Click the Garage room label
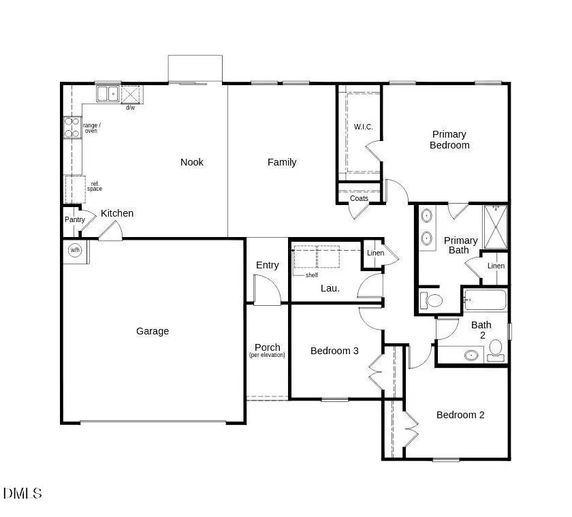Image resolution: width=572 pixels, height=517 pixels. [x=153, y=331]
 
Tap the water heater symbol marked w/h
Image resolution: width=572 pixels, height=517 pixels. [x=74, y=250]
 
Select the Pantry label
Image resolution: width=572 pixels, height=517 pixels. [x=75, y=219]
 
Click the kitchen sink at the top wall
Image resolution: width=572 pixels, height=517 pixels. [x=107, y=93]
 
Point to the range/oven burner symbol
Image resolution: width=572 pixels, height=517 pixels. [x=71, y=127]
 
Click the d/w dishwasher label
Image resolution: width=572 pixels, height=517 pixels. [x=130, y=107]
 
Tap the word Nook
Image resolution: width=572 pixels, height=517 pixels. [x=192, y=162]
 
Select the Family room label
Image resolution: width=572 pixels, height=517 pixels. [x=282, y=162]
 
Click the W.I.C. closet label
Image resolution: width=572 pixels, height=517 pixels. [x=364, y=127]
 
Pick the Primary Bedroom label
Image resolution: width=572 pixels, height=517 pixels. [x=449, y=140]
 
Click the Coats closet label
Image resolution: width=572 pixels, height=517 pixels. [x=359, y=199]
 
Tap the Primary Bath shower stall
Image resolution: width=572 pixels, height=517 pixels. [x=496, y=227]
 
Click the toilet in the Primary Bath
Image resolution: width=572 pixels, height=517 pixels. [x=432, y=300]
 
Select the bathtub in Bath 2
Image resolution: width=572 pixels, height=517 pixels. [x=485, y=300]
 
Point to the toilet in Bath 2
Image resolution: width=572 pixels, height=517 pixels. [x=496, y=349]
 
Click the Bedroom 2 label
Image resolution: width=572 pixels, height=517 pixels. [x=460, y=415]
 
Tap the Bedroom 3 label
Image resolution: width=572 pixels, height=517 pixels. [x=334, y=351]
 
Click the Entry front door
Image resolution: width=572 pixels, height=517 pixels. [x=267, y=290]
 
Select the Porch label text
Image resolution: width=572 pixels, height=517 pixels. [x=267, y=347]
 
